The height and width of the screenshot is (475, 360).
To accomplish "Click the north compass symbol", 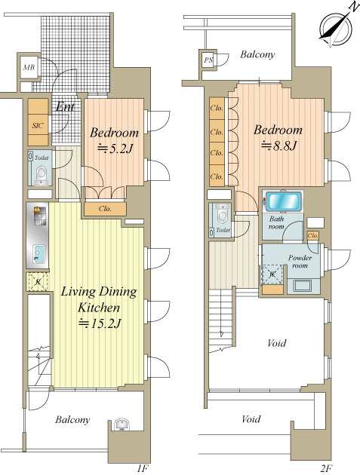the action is click(x=336, y=29).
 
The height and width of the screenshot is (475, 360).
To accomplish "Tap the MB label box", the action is click(x=29, y=67).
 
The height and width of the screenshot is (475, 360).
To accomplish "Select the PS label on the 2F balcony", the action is click(x=208, y=60).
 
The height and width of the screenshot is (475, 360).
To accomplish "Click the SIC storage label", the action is click(x=38, y=125).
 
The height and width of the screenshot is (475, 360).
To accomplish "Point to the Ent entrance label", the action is click(x=65, y=106).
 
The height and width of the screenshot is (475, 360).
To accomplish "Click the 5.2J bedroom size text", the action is click(x=115, y=149).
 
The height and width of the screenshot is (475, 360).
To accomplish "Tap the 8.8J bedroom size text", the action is click(x=278, y=146).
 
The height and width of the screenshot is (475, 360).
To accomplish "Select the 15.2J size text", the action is click(x=100, y=323).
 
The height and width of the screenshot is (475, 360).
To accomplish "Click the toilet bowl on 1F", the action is click(x=40, y=174).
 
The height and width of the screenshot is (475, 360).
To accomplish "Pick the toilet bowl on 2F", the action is click(x=223, y=215).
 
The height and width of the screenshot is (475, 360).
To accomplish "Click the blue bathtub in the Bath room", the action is click(x=284, y=201).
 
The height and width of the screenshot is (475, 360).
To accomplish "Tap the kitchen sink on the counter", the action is click(x=38, y=254).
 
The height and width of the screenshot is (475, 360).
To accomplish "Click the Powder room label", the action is click(x=300, y=262).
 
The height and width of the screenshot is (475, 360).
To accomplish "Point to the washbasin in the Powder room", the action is click(x=302, y=286).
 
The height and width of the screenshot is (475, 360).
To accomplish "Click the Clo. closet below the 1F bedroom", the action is click(x=105, y=209).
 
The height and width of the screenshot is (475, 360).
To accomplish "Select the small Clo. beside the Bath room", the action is click(x=312, y=235).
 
